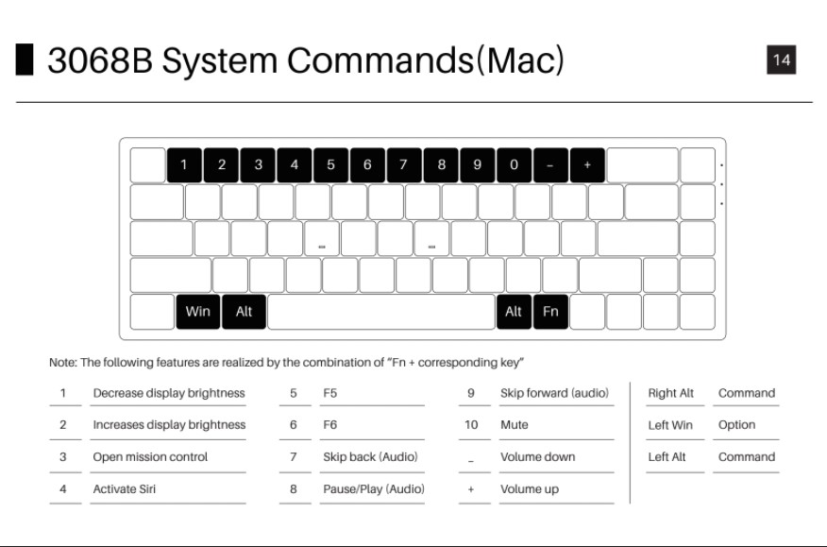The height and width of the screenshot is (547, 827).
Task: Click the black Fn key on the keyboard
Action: pyautogui.click(x=550, y=312)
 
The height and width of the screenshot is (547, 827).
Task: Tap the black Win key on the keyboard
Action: pyautogui.click(x=198, y=312)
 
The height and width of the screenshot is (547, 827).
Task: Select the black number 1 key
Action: pyautogui.click(x=184, y=164)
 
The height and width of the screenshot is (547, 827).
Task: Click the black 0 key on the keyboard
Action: pyautogui.click(x=514, y=164)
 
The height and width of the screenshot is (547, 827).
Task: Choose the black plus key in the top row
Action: pyautogui.click(x=586, y=164)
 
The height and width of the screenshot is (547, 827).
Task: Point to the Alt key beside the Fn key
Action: pyautogui.click(x=514, y=312)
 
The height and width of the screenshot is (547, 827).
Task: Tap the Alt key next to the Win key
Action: pyautogui.click(x=244, y=312)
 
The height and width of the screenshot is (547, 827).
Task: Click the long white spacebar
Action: pyautogui.click(x=380, y=312)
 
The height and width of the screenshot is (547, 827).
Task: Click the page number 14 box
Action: pyautogui.click(x=782, y=60)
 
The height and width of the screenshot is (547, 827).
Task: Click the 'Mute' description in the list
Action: pyautogui.click(x=515, y=425)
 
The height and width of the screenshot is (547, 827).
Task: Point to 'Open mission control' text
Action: pyautogui.click(x=150, y=456)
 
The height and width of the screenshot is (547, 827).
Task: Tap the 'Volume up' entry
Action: pyautogui.click(x=530, y=488)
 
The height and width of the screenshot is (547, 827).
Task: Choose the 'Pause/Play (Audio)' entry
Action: pyautogui.click(x=374, y=488)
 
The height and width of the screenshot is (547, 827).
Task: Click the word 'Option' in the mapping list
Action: pyautogui.click(x=736, y=425)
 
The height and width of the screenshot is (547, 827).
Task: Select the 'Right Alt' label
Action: pyautogui.click(x=670, y=393)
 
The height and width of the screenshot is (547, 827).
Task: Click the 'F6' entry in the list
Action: pyautogui.click(x=330, y=425)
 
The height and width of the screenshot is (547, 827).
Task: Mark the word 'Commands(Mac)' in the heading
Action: pyautogui.click(x=426, y=60)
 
